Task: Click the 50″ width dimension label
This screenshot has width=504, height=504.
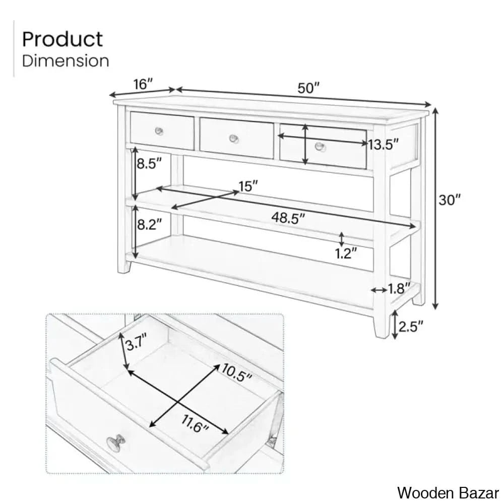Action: [x=309, y=88]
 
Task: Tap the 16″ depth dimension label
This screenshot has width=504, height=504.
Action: [x=143, y=84]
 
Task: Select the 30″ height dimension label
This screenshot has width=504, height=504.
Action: [x=449, y=200]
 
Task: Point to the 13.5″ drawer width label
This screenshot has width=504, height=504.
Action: [x=383, y=145]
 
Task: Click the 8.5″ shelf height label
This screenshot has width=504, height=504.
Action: [x=150, y=163]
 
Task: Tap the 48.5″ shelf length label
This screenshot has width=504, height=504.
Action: [x=289, y=218]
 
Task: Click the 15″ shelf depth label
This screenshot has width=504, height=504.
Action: [x=248, y=186]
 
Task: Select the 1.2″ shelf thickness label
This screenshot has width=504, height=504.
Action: [x=346, y=253]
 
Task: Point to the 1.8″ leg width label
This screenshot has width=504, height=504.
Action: [x=397, y=289]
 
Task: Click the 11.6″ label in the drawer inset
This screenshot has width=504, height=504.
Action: [x=195, y=428]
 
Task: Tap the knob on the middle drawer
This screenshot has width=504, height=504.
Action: [x=233, y=138]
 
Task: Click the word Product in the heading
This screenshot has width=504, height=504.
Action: [x=62, y=39]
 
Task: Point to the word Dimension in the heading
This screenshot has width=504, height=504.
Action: [x=66, y=61]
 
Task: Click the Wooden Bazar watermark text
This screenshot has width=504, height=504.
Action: [x=448, y=491]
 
